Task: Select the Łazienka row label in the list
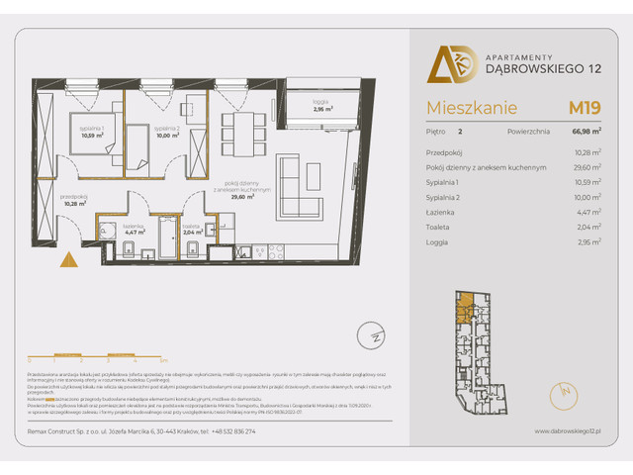(443, 212)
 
